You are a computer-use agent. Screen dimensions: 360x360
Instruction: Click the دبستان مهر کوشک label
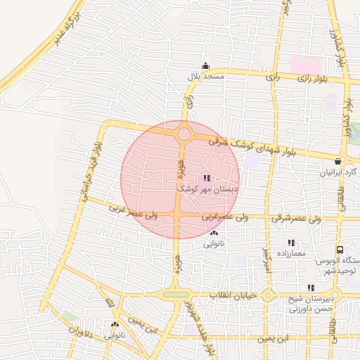(x=207, y=189)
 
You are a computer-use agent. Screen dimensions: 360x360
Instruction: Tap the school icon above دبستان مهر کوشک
(x=206, y=178)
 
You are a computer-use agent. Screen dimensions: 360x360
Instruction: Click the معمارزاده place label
(x=290, y=252)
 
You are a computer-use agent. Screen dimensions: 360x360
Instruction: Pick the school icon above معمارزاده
(x=291, y=243)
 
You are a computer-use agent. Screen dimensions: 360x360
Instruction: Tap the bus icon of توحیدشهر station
(x=340, y=250)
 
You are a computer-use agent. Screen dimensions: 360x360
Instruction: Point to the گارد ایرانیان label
(x=340, y=172)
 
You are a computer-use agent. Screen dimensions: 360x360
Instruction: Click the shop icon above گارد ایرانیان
(x=338, y=161)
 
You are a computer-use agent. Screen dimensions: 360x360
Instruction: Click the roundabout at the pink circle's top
(x=184, y=133)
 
